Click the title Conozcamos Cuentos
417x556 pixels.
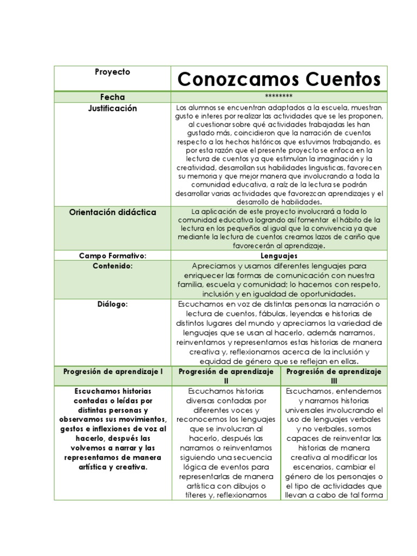[279, 79]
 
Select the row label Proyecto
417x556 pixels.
[112, 72]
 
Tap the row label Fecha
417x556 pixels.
[112, 97]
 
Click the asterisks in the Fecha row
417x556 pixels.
[279, 97]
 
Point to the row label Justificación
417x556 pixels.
[112, 109]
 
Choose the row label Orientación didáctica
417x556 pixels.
[112, 212]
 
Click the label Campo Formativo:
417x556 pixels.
[112, 255]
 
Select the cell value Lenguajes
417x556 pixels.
[279, 255]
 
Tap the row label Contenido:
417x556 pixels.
[112, 266]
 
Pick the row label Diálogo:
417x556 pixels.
[112, 304]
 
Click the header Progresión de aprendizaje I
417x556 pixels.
[112, 371]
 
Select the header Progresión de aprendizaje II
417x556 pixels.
[226, 376]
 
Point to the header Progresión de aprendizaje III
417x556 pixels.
[334, 376]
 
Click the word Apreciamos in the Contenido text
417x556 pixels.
[214, 266]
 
